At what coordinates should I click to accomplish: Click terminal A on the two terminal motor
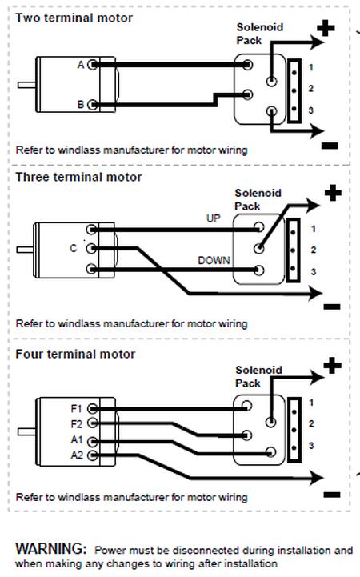pos(93,65)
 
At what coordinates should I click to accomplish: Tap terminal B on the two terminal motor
pos(93,105)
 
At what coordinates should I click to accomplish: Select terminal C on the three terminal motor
pos(91,249)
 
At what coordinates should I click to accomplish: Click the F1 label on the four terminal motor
pos(76,408)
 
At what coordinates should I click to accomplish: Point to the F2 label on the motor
pos(76,424)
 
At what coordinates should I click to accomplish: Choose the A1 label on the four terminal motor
pos(77,439)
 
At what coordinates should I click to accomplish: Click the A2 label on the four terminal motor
pos(77,455)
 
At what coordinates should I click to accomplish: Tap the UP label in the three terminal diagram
pos(214,218)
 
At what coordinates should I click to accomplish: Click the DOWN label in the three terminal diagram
pos(214,261)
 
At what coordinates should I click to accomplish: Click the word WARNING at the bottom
pos(50,549)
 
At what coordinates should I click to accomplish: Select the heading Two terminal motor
pos(74,18)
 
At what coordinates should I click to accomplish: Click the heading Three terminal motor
pos(78,177)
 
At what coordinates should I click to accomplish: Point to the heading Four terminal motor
pos(75,354)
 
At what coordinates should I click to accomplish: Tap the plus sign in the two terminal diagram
pos(326,28)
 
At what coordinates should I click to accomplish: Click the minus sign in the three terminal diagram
pos(332,307)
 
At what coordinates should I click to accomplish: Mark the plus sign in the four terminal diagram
pos(333,366)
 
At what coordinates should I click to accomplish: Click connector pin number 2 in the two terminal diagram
pos(311,89)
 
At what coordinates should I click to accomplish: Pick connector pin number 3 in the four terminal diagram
pos(311,446)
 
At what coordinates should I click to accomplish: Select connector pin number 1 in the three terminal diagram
pos(314,229)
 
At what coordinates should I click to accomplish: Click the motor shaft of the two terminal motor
pos(26,85)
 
